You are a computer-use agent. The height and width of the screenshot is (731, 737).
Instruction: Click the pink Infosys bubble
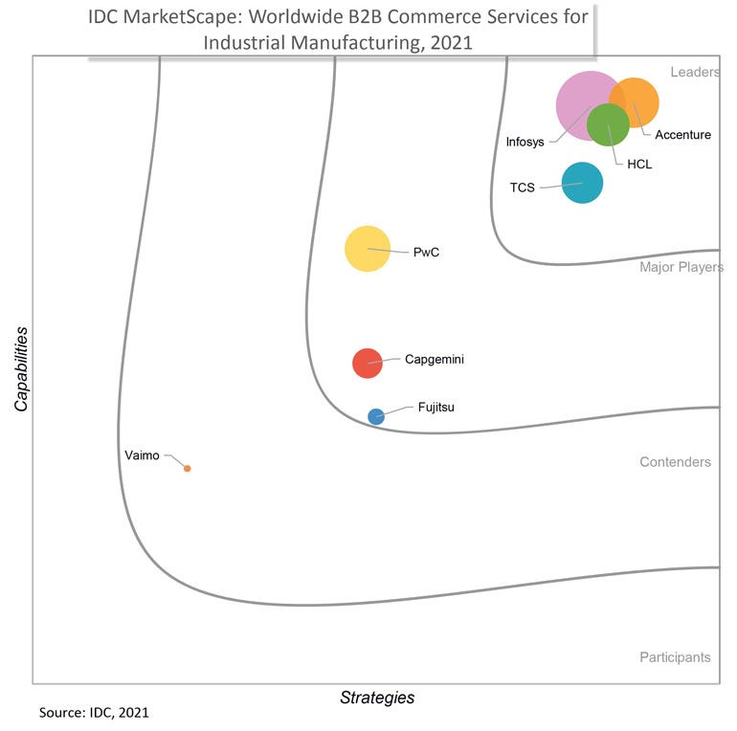(x=578, y=100)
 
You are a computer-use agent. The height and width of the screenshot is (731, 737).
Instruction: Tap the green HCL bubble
(x=608, y=124)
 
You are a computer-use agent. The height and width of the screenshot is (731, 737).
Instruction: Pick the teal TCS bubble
(x=582, y=183)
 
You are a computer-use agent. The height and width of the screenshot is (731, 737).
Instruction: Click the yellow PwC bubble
(x=368, y=249)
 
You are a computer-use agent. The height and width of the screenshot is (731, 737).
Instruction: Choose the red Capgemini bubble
(x=368, y=363)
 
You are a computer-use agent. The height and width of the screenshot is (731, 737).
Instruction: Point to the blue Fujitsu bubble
(x=376, y=416)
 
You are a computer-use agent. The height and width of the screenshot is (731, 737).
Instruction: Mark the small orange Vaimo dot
(x=188, y=468)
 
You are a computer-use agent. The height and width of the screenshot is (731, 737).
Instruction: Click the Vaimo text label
(x=142, y=455)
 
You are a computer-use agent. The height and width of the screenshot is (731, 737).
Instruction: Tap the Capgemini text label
(x=435, y=359)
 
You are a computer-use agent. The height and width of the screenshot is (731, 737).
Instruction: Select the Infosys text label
(x=525, y=142)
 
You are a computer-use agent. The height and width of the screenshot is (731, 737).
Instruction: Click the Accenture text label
(x=682, y=135)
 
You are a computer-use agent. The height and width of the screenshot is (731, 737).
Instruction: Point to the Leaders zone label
(x=694, y=72)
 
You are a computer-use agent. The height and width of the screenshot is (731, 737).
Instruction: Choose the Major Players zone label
(x=681, y=267)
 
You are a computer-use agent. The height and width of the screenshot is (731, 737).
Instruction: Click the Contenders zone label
(x=675, y=462)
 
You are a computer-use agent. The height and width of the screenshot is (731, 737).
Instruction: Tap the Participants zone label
(x=675, y=657)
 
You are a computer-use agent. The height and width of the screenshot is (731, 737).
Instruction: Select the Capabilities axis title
(x=20, y=369)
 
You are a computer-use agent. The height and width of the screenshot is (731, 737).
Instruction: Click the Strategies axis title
(x=377, y=698)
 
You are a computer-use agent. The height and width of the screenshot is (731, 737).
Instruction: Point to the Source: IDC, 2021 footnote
(x=94, y=713)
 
